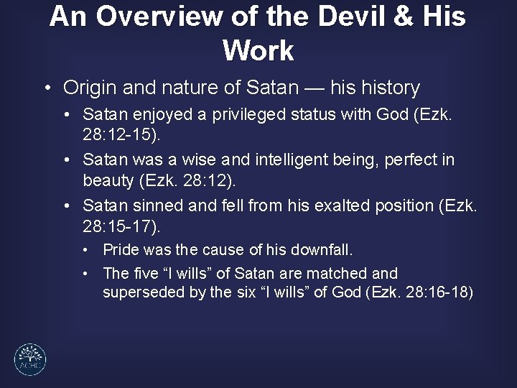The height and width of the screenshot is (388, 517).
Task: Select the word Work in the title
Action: pyautogui.click(x=258, y=50)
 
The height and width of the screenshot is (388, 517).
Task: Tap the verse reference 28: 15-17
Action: pyautogui.click(x=120, y=227)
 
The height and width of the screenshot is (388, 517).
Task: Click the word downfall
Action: pyautogui.click(x=321, y=250)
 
